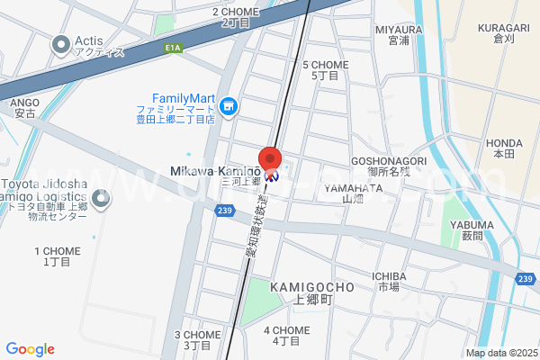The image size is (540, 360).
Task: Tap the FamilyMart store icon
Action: click(229, 108)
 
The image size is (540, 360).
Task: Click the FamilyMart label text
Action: click(181, 98)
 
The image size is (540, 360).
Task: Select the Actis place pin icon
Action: click(61, 42)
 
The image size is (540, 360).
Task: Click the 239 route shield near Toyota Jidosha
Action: click(225, 210)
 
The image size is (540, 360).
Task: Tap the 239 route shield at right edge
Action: click(526, 279)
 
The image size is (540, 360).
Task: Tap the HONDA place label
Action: click(504, 142)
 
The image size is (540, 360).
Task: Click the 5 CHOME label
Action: click(325, 65)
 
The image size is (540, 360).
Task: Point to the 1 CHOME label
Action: click(56, 251)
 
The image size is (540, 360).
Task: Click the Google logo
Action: click(30, 349)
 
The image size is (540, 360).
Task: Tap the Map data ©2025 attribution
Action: click(499, 354)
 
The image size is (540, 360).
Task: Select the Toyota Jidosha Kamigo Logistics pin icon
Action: click(103, 200)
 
